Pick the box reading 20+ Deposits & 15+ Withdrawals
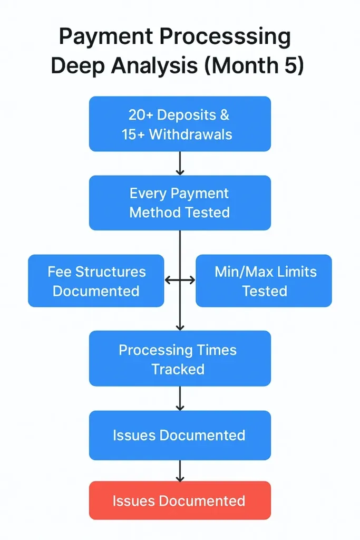(180, 124)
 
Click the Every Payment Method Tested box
(180, 202)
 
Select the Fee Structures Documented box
(96, 281)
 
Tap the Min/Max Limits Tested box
(264, 281)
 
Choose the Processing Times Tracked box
(180, 359)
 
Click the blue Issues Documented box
(180, 435)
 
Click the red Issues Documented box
(180, 500)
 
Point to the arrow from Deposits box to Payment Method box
(180, 163)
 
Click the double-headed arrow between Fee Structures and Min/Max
(180, 281)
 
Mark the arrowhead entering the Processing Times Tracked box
(180, 327)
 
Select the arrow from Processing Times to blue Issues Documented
(180, 398)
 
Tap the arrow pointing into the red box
(180, 470)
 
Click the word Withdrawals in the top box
(191, 134)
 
